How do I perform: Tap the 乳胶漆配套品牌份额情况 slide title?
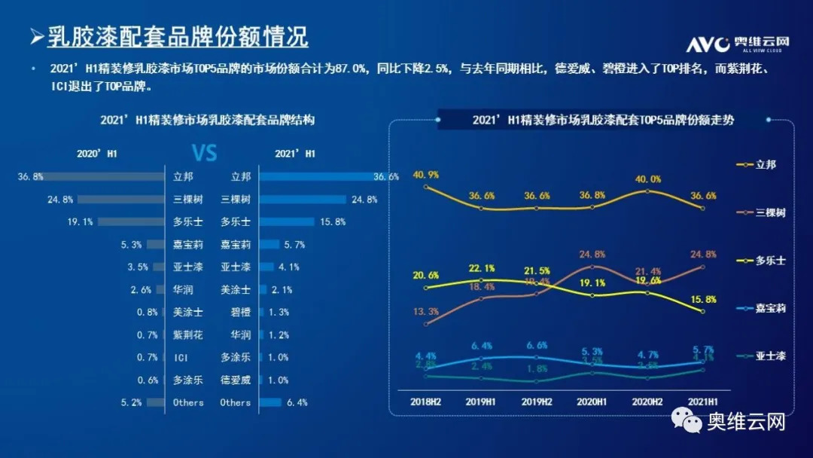click(x=177, y=36)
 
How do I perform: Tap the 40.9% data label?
click(x=426, y=175)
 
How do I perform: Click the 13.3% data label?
click(x=426, y=312)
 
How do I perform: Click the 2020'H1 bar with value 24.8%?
click(x=120, y=200)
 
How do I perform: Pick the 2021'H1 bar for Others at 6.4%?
click(x=270, y=402)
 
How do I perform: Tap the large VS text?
click(x=204, y=154)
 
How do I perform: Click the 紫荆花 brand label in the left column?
click(x=187, y=334)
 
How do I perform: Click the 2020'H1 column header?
click(x=98, y=154)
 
